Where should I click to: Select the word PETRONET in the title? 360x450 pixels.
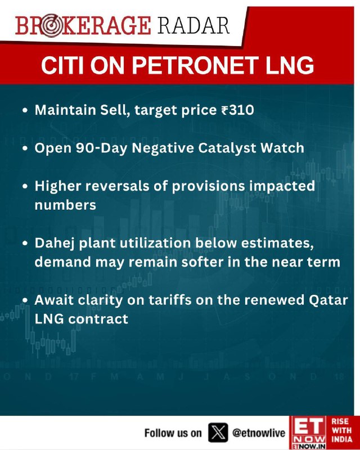coord(193,65)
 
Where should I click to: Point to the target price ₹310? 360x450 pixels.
coord(238,110)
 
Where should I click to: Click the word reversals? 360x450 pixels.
coord(117,186)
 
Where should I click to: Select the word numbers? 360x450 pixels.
coord(65,205)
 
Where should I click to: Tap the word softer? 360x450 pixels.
coord(201,262)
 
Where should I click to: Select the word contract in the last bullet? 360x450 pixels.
coord(98,319)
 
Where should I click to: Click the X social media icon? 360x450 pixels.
coord(218,432)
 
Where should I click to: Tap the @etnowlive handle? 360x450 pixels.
coord(259,433)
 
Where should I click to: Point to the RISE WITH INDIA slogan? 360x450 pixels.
coord(342,430)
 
